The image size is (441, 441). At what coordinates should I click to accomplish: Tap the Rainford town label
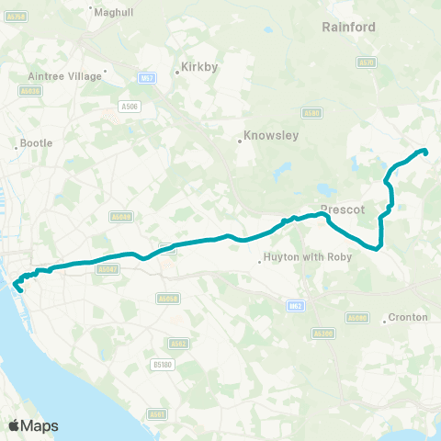coord(349,28)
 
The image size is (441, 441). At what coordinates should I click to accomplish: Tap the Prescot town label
coord(344,209)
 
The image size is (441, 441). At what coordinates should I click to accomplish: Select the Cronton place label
coord(408,317)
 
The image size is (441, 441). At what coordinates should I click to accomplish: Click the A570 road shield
coord(367,62)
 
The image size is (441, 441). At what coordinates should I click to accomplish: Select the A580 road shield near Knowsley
coord(312,113)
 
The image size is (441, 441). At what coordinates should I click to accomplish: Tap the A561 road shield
coord(159,413)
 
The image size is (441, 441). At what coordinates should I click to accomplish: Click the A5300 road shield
coord(324,334)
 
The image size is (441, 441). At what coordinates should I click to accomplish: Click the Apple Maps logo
coord(33,425)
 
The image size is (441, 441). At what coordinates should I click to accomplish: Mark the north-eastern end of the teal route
coord(426,151)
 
